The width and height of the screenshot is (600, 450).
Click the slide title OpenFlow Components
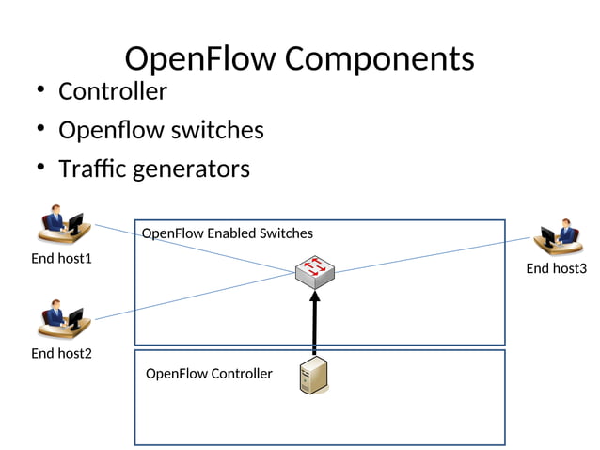tap(299, 58)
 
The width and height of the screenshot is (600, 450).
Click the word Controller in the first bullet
tap(112, 91)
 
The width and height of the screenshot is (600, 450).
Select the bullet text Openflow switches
tap(161, 130)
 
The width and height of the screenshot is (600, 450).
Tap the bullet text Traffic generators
tap(153, 169)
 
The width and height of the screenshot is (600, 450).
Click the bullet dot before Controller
tap(40, 91)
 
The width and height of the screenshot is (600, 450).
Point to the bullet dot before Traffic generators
tap(40, 169)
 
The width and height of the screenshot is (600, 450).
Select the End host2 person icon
tap(62, 319)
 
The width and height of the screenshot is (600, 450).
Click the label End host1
tap(61, 258)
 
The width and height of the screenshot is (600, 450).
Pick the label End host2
tap(61, 353)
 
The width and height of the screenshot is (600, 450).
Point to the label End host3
tap(556, 269)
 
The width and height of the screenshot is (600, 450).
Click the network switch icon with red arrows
tap(315, 271)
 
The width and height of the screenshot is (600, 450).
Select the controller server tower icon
tap(313, 376)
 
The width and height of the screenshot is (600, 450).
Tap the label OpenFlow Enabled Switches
tap(227, 233)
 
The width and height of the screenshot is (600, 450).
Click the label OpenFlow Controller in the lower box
tap(209, 374)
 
